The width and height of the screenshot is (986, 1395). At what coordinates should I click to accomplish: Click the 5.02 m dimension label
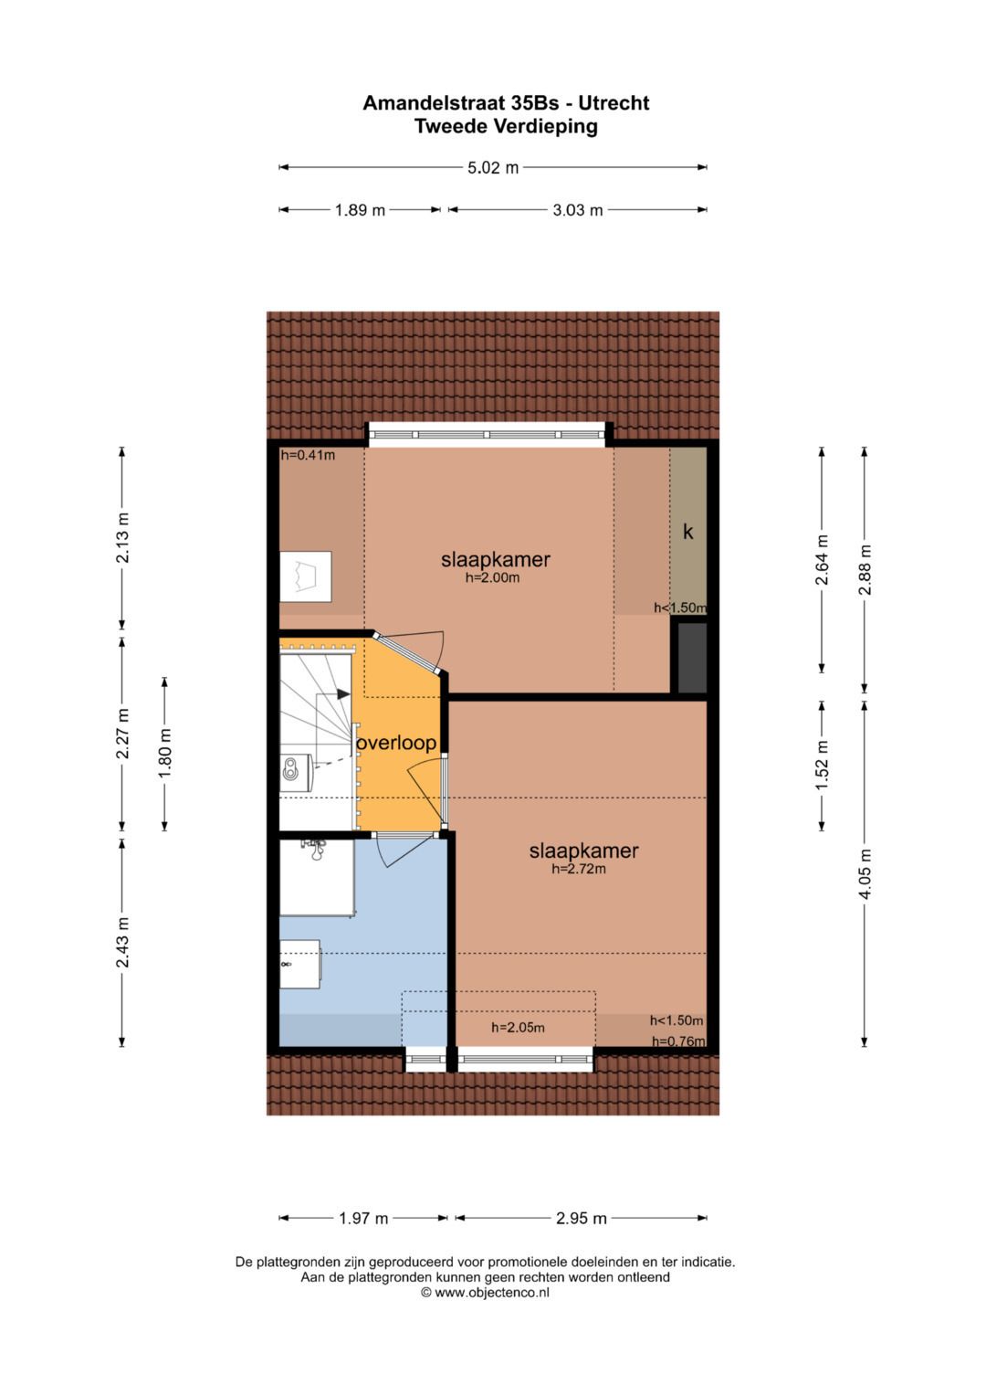click(493, 167)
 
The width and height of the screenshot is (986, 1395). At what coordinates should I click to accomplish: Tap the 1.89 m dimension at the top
click(360, 210)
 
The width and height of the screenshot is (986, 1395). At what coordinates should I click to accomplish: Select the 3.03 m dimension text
click(577, 210)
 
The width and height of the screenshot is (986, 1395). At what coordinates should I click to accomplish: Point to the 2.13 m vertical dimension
click(122, 538)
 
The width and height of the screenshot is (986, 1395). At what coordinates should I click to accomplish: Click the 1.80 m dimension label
click(165, 754)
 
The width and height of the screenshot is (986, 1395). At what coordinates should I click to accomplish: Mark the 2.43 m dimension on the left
click(122, 942)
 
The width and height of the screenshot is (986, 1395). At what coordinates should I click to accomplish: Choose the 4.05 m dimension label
click(865, 873)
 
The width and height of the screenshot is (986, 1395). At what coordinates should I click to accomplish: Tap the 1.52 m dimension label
click(822, 766)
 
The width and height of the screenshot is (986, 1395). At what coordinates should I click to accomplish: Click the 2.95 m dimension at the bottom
click(581, 1218)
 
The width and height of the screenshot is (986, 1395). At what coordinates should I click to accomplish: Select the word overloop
click(396, 743)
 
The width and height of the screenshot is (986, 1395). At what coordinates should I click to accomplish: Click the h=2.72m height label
click(579, 869)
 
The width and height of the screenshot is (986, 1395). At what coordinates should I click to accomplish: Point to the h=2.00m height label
click(492, 577)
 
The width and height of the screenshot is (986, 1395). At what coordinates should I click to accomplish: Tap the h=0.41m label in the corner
click(308, 455)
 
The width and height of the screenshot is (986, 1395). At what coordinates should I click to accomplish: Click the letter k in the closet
click(688, 532)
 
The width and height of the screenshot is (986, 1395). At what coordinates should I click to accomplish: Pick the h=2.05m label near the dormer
click(518, 1027)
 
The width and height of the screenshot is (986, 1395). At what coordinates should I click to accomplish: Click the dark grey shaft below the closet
click(691, 657)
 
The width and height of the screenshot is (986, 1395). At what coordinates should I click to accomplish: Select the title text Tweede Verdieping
click(506, 126)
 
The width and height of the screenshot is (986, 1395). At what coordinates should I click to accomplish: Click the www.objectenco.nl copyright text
click(485, 1292)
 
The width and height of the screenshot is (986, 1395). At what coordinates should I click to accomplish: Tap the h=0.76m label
click(677, 1041)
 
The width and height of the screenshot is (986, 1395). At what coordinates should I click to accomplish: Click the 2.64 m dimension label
click(822, 559)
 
